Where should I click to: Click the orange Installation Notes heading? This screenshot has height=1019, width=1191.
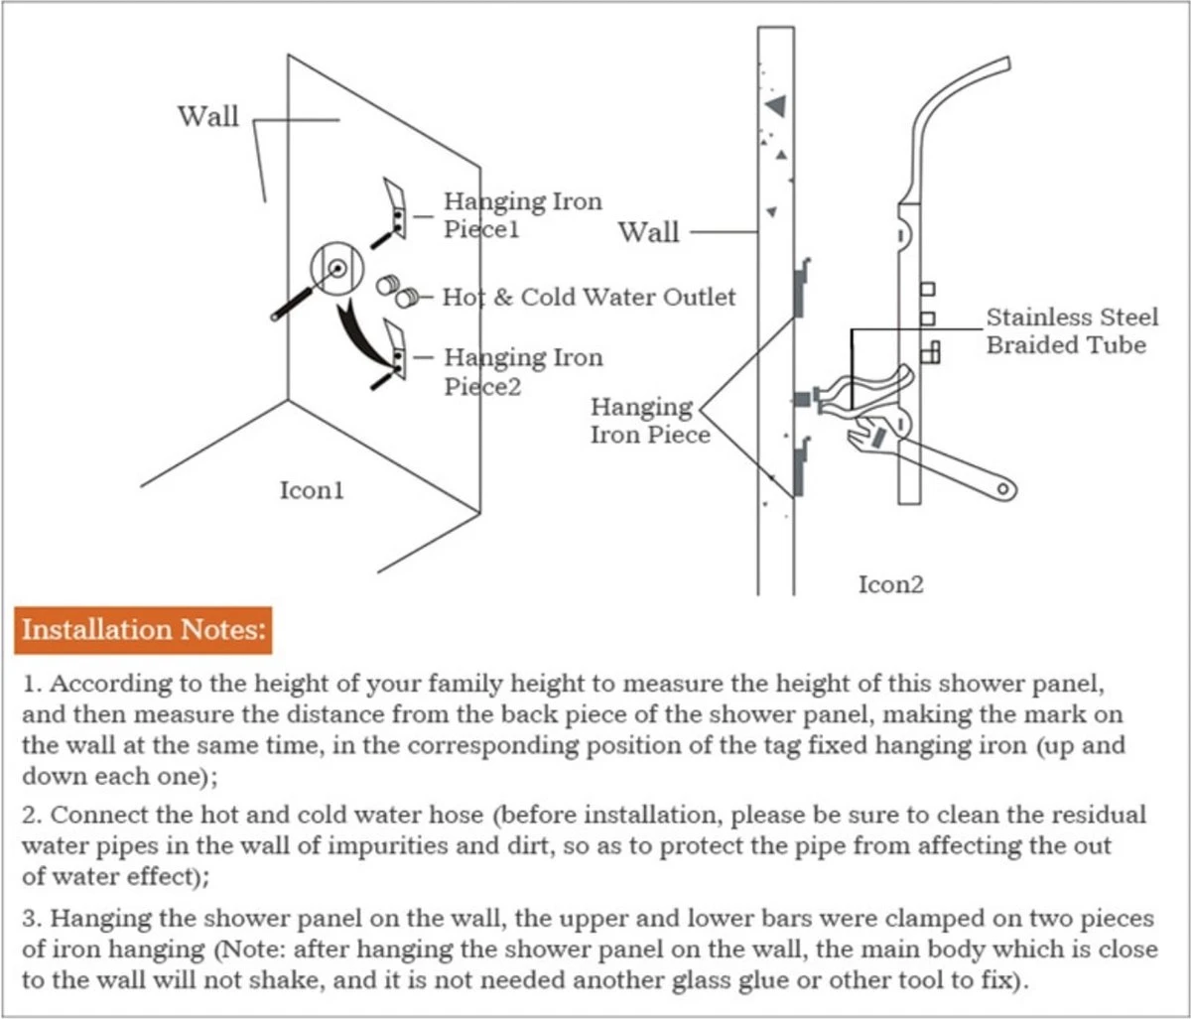click(x=143, y=630)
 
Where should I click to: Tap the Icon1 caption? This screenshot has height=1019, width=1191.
click(x=312, y=490)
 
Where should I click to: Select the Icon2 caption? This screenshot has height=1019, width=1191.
click(x=890, y=584)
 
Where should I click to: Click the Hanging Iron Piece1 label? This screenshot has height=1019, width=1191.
click(x=522, y=215)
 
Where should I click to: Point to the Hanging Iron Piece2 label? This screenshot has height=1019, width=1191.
click(x=522, y=371)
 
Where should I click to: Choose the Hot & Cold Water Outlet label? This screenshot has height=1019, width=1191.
click(x=589, y=297)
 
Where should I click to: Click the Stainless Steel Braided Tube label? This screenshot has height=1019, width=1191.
click(x=1072, y=331)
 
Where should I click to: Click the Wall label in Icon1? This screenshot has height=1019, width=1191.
click(x=208, y=117)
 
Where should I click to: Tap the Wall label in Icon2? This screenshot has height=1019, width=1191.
click(x=649, y=233)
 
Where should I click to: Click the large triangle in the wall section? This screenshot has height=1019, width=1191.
click(x=776, y=103)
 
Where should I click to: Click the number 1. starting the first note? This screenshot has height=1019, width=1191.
click(x=31, y=685)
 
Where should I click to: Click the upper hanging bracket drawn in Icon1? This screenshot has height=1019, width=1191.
click(x=394, y=206)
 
